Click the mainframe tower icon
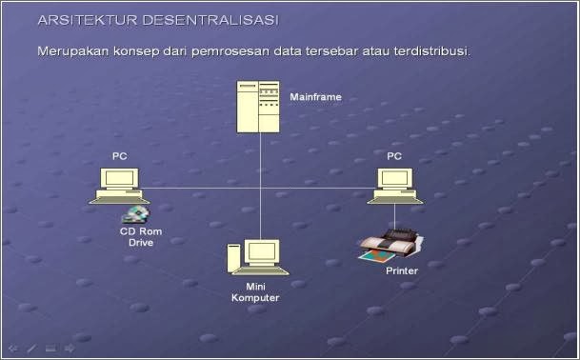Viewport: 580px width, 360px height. coord(260,107)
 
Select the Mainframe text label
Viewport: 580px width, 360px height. coord(315,97)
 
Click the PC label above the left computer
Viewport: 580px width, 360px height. coord(119,155)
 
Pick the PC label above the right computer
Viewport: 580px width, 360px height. coord(394,155)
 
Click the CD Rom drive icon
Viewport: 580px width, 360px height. coord(135,213)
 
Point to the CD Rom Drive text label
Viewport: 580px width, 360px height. coord(140,237)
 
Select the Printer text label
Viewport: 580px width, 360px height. coord(402,271)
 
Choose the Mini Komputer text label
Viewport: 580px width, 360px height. coord(255,292)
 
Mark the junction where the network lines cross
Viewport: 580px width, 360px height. coord(260,189)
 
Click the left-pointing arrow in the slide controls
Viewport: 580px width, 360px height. coord(12,348)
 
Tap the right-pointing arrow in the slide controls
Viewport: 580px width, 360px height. coord(70,348)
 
